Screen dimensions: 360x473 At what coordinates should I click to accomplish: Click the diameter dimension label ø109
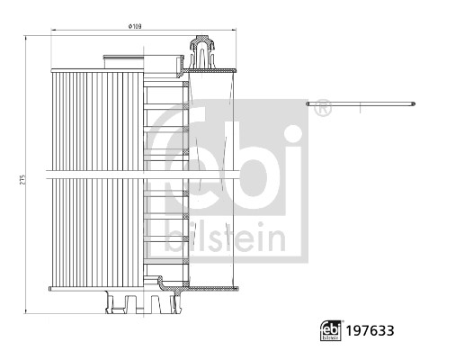136,26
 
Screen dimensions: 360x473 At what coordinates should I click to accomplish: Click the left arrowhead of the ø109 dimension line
53,31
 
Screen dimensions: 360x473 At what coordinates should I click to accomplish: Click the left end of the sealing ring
308,105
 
